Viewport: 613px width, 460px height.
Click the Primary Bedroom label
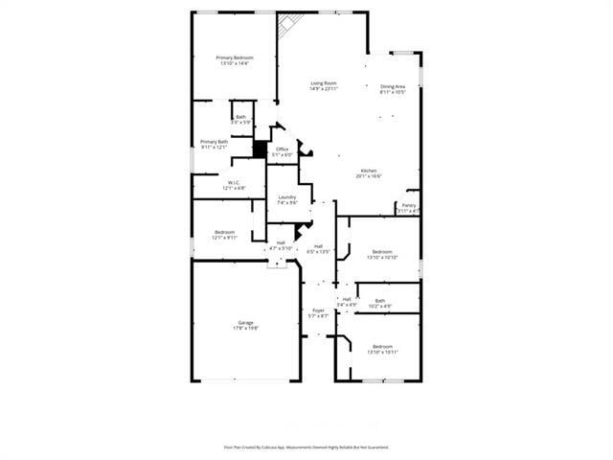click(x=235, y=60)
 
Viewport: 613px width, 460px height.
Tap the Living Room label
click(x=324, y=86)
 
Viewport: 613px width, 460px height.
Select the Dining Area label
click(x=393, y=89)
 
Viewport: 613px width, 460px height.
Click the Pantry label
click(x=409, y=208)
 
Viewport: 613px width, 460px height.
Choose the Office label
click(x=283, y=152)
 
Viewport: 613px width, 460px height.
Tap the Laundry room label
click(x=287, y=199)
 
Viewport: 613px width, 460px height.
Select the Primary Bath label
click(x=214, y=145)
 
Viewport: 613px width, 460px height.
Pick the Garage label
click(x=246, y=325)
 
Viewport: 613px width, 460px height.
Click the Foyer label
click(x=318, y=313)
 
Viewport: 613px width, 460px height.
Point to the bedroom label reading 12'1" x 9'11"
click(x=225, y=235)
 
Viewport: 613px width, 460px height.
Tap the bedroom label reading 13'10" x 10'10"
click(x=382, y=254)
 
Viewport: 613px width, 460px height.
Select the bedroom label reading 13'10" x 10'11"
click(x=382, y=349)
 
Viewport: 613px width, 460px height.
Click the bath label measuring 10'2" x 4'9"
click(x=380, y=304)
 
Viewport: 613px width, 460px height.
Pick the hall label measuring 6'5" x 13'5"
click(x=318, y=248)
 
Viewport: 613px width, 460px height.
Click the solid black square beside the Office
click(x=259, y=149)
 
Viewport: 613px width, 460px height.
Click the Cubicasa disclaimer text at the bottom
click(x=306, y=447)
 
